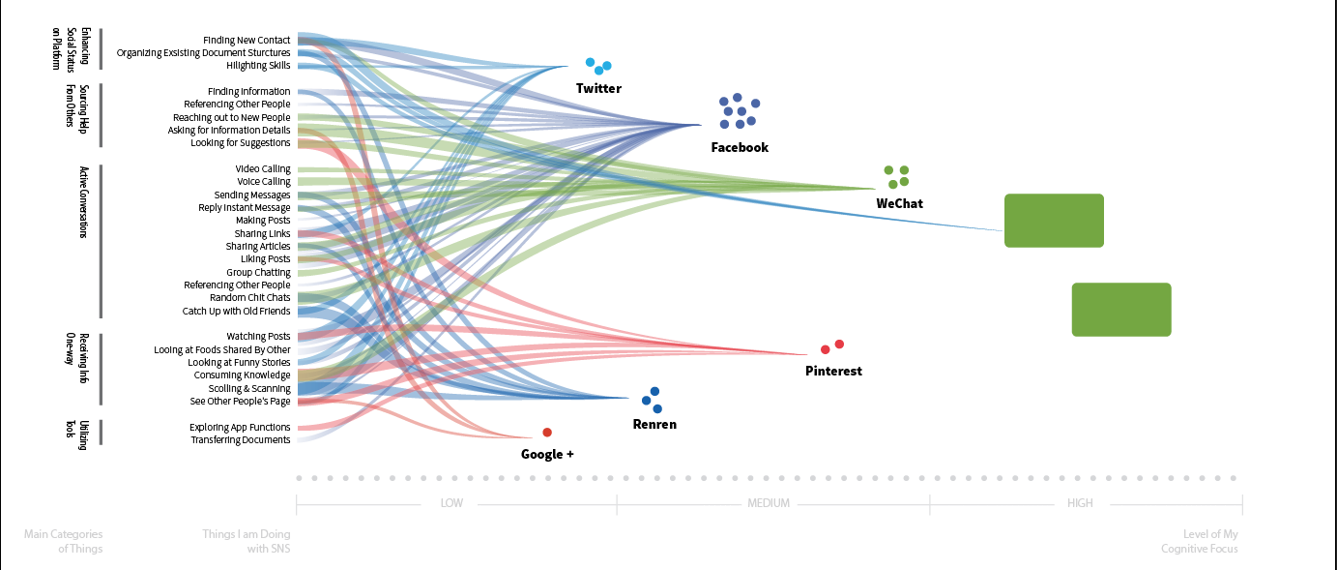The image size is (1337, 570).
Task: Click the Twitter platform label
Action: click(598, 88)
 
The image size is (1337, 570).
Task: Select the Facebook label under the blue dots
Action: click(740, 148)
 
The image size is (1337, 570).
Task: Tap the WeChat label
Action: click(899, 203)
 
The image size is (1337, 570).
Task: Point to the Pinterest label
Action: click(833, 371)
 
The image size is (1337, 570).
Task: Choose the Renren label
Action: click(654, 424)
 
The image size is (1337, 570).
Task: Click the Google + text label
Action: click(547, 454)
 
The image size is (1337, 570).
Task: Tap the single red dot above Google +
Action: click(547, 433)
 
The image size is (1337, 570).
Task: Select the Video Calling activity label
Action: click(262, 168)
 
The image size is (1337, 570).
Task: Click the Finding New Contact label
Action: click(247, 40)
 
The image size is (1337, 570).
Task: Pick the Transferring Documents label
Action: click(240, 440)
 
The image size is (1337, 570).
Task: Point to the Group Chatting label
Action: click(258, 272)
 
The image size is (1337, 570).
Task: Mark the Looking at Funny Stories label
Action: click(239, 363)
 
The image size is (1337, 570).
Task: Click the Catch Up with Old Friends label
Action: click(236, 312)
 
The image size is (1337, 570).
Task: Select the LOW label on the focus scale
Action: click(451, 503)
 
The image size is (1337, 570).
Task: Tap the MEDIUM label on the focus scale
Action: click(769, 503)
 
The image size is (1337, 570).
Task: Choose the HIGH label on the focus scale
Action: click(1080, 503)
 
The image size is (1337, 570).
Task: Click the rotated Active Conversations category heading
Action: click(84, 202)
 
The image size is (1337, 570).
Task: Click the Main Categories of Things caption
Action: click(65, 541)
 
